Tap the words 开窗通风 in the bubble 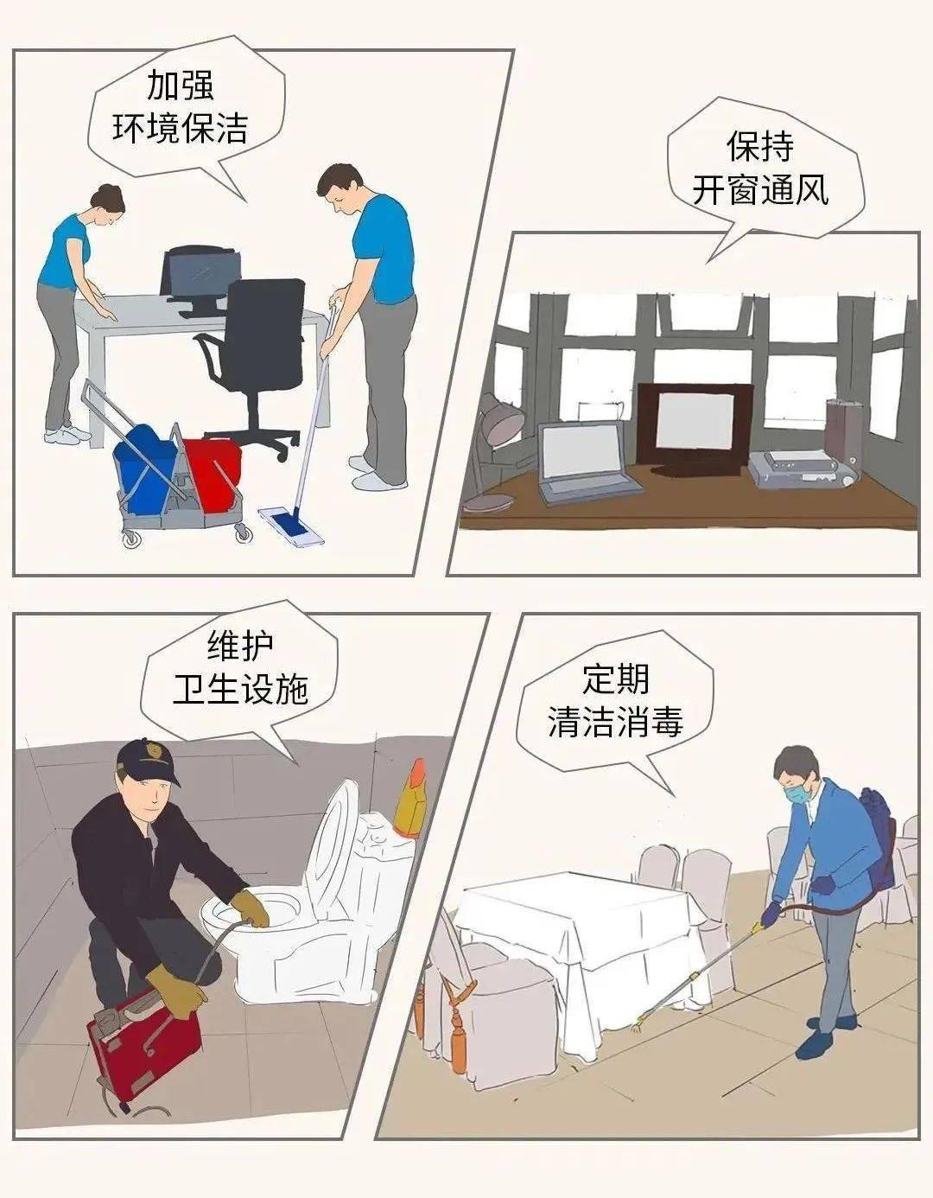pyautogui.click(x=760, y=191)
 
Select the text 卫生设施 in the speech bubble pyautogui.click(x=241, y=690)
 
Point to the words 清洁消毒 pyautogui.click(x=615, y=721)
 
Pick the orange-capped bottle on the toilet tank pyautogui.click(x=412, y=799)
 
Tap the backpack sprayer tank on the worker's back pyautogui.click(x=876, y=838)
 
